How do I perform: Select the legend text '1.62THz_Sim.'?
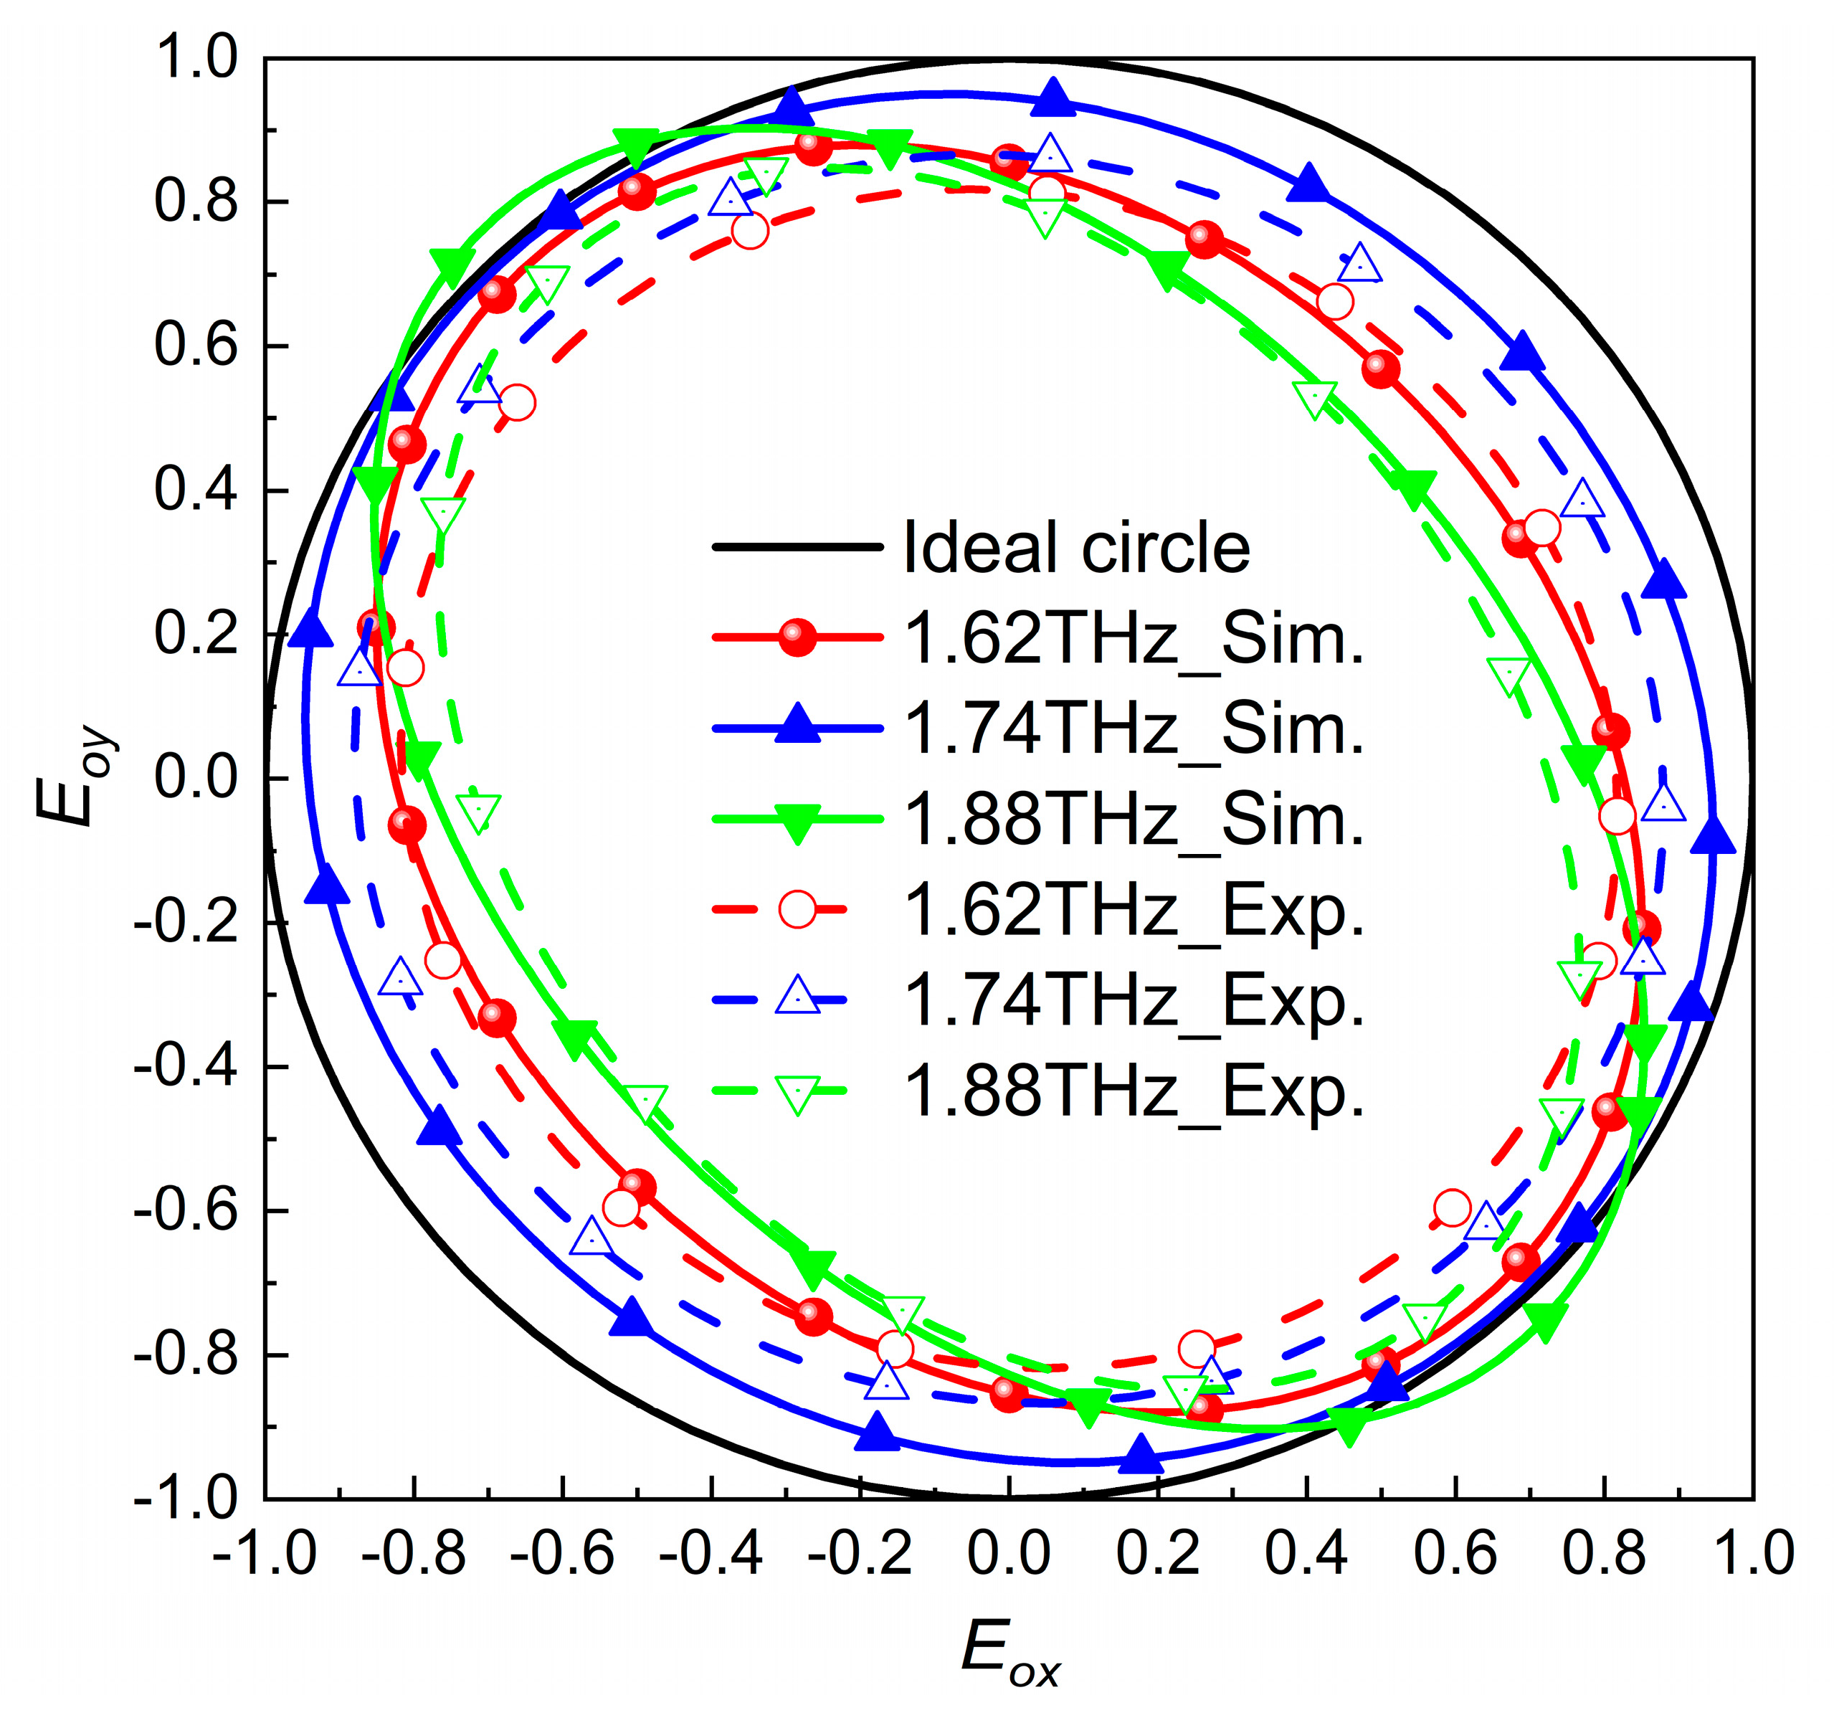coord(1134,638)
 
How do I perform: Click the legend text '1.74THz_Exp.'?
coord(1134,1000)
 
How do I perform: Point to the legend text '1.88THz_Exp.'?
coord(1134,1091)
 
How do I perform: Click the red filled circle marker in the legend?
coord(797,637)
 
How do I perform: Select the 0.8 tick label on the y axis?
coord(196,201)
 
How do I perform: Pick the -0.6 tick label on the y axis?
coord(184,1210)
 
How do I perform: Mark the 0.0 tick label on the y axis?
coord(196,778)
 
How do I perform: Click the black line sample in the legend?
coord(797,548)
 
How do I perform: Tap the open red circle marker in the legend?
coord(797,908)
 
